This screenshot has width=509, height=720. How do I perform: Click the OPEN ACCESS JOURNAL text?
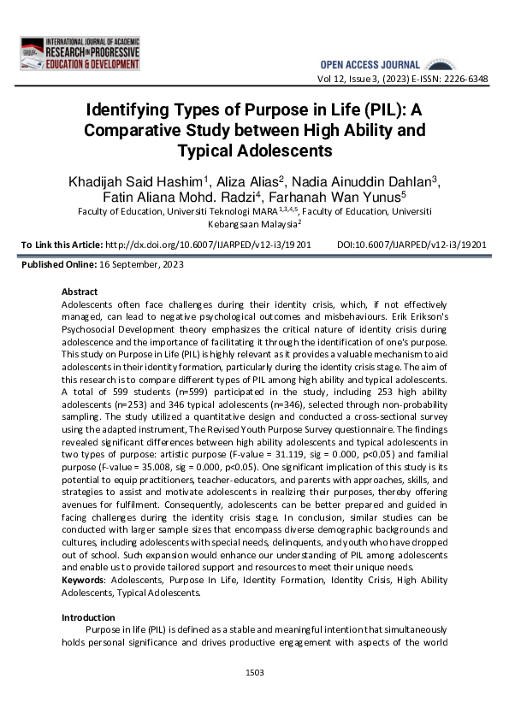coord(370,65)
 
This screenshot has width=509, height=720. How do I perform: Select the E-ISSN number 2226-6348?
coord(464,79)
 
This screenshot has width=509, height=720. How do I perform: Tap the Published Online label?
coord(59,265)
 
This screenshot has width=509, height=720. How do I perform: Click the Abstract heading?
coord(80,292)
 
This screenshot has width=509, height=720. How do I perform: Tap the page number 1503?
coord(254,672)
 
